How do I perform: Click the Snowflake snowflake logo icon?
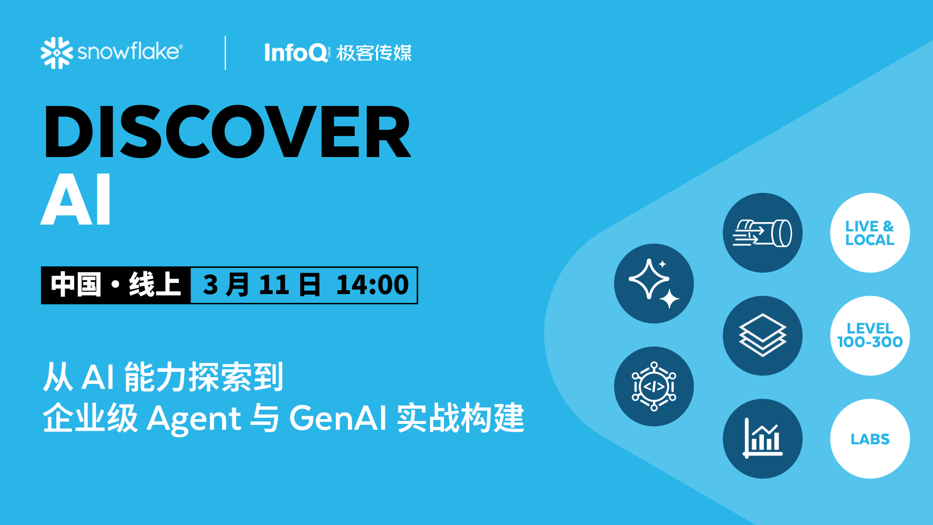[x=56, y=52]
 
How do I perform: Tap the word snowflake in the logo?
[x=129, y=52]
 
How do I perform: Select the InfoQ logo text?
[x=295, y=52]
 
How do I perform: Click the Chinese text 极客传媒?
[x=374, y=53]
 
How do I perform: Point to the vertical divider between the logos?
[x=225, y=52]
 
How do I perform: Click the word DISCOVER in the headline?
[x=227, y=132]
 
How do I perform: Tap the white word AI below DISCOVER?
[x=76, y=200]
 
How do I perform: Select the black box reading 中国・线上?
[x=116, y=285]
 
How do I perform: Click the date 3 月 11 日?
[x=261, y=285]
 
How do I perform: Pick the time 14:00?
[x=372, y=285]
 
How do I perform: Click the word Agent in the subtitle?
[x=194, y=418]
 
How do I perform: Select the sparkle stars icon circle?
[x=654, y=283]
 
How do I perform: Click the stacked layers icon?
[x=762, y=335]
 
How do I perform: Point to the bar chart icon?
[x=762, y=438]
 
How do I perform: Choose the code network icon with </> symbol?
[x=654, y=386]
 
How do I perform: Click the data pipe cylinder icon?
[x=762, y=233]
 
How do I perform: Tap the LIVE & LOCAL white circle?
[x=870, y=233]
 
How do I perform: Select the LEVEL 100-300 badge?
[x=870, y=335]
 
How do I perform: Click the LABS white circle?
[x=870, y=438]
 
